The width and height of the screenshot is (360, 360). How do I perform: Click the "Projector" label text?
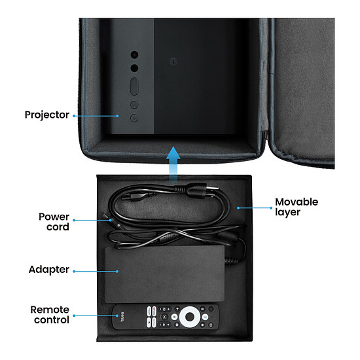tap(47, 115)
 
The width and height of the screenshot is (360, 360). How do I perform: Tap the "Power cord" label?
tap(54, 222)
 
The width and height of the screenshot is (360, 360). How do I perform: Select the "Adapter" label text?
tap(49, 270)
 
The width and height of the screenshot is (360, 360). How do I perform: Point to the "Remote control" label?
tap(50, 315)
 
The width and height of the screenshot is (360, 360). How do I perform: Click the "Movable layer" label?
tap(297, 207)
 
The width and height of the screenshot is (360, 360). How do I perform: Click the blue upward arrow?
tap(173, 165)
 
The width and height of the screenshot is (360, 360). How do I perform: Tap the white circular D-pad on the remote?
tap(190, 317)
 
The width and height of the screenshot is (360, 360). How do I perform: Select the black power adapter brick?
tap(165, 274)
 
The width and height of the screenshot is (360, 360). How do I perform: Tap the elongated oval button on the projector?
tap(134, 86)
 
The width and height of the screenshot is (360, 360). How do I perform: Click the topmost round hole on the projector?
tap(135, 54)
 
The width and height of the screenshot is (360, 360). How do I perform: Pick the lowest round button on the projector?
tap(134, 118)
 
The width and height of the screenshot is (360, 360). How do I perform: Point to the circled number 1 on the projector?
tap(173, 62)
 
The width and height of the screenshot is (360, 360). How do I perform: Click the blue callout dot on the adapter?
tap(117, 272)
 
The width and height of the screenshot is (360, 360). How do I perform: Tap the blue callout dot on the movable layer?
tap(238, 208)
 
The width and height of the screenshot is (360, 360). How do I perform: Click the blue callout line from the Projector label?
tap(96, 116)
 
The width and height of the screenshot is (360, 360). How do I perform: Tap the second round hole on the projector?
tap(135, 68)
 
